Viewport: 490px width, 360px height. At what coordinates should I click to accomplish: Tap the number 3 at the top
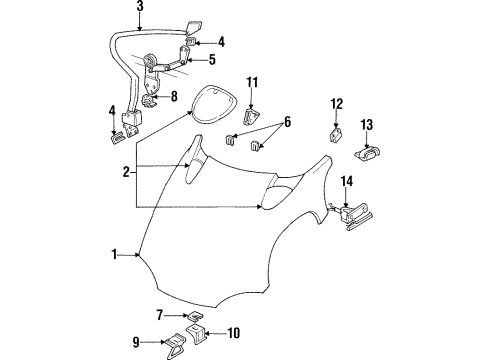pyautogui.click(x=140, y=8)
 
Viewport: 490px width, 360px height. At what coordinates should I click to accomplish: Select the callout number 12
pyautogui.click(x=337, y=103)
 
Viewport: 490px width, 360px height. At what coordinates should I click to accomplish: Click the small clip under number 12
pyautogui.click(x=337, y=131)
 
